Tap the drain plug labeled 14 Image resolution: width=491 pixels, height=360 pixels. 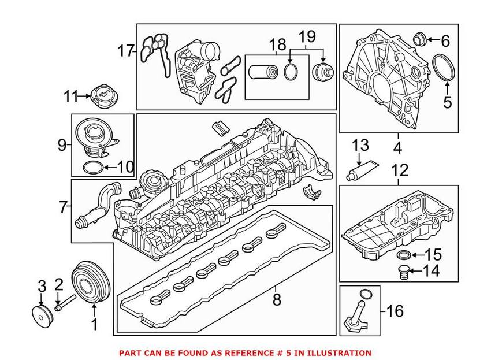(405, 272)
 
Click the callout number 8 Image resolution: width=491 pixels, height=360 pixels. (276, 300)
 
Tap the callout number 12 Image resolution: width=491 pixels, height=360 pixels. (399, 171)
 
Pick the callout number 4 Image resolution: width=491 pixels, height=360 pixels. (397, 148)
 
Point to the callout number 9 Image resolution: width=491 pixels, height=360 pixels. (62, 146)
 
